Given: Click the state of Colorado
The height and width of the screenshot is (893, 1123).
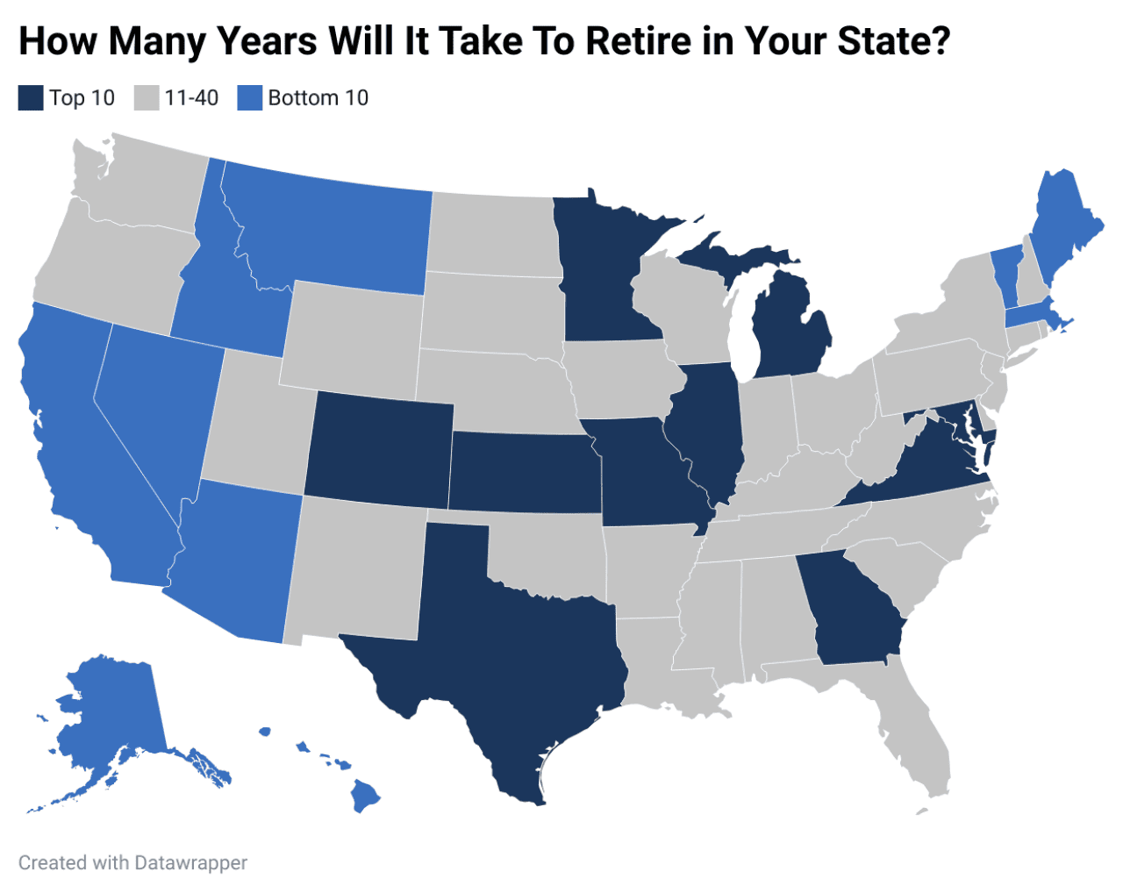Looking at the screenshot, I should point(382,447).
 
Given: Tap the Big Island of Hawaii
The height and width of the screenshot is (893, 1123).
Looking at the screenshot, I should point(365,797).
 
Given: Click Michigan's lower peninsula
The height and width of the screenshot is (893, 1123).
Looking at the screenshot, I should point(790,333).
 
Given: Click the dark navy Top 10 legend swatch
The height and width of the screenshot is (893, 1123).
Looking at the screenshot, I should point(31,97).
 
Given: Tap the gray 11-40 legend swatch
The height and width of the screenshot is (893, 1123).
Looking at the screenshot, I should point(147,97).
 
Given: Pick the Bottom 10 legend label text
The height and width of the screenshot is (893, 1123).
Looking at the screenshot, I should point(318,97).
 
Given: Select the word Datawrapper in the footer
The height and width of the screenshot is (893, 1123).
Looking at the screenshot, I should point(191,863).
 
